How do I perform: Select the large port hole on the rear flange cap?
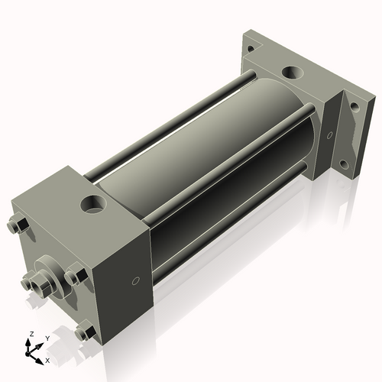(292, 73)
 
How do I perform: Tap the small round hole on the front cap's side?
(135, 281)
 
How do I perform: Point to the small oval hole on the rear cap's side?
(329, 134)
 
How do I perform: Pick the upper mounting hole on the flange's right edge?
(354, 106)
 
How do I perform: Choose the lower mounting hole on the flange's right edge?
(345, 163)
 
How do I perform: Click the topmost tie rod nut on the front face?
(18, 225)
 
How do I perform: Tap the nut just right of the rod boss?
(76, 277)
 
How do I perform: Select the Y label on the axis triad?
(47, 337)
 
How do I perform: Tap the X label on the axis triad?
(47, 359)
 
